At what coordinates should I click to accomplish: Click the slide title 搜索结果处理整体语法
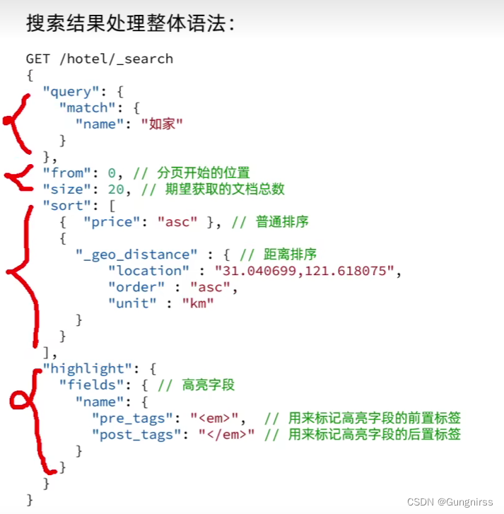(x=131, y=23)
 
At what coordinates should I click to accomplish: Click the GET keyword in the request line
(x=38, y=59)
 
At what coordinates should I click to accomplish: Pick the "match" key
(x=88, y=107)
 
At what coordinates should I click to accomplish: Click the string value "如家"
(x=162, y=124)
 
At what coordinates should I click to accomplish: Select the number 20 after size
(x=116, y=189)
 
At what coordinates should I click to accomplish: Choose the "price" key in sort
(x=112, y=221)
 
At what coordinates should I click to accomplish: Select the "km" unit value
(x=197, y=303)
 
